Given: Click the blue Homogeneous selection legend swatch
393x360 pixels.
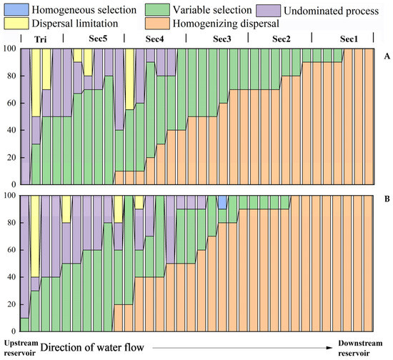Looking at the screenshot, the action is (16, 9).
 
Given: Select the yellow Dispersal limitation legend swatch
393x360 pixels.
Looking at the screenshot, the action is (16, 24).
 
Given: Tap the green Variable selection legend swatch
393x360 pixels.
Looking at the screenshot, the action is (157, 9).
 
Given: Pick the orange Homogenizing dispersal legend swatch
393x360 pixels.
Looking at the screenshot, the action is (157, 24).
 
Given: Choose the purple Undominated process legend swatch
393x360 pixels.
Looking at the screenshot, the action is (269, 11).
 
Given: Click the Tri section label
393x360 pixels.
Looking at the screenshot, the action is (40, 39).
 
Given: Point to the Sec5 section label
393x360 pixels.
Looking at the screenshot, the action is (98, 39).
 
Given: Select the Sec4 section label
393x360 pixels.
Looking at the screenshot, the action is (154, 39).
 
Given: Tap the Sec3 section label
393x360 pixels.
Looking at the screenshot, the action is (222, 39).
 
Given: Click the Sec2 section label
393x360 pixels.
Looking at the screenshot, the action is (282, 39).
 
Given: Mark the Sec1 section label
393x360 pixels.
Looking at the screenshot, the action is (349, 39).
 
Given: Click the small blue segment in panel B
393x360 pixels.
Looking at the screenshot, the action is (222, 202).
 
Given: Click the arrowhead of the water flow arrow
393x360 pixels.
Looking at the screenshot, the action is (330, 348).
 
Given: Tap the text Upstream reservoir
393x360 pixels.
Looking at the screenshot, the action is (21, 348).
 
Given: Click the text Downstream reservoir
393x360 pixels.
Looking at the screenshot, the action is (360, 349).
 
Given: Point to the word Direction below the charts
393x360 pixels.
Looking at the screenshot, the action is (60, 348).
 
